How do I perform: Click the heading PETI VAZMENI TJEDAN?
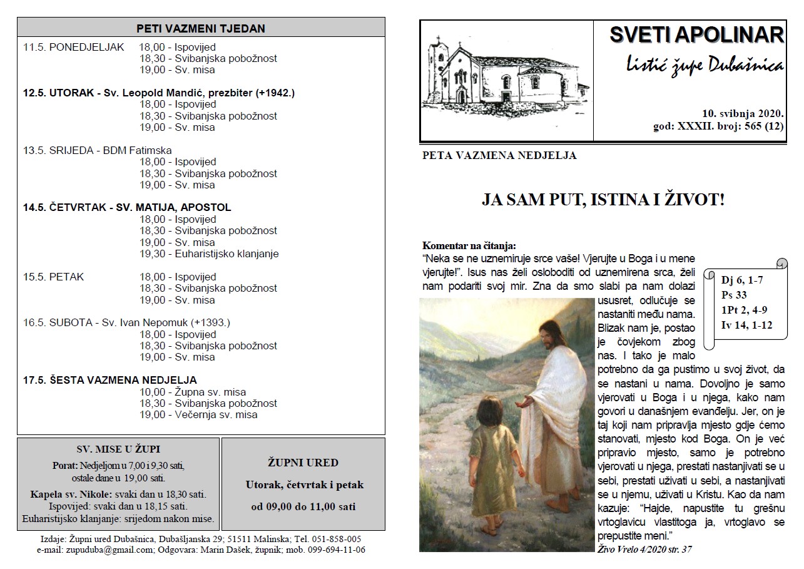point(201,28)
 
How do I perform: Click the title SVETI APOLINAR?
point(696,35)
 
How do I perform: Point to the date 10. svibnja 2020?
point(743,114)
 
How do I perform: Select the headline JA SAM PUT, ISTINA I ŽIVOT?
point(603,200)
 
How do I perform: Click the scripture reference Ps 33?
point(734,295)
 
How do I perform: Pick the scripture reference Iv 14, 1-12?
point(746,324)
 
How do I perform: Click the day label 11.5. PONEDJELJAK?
point(74,47)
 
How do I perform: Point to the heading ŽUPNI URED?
point(303,463)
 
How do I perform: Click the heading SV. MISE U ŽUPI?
point(118,449)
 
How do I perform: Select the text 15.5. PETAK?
point(53,277)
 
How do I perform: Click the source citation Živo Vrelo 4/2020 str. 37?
point(644,549)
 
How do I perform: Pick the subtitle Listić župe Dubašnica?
point(705,64)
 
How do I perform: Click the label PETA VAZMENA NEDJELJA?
point(499,155)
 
